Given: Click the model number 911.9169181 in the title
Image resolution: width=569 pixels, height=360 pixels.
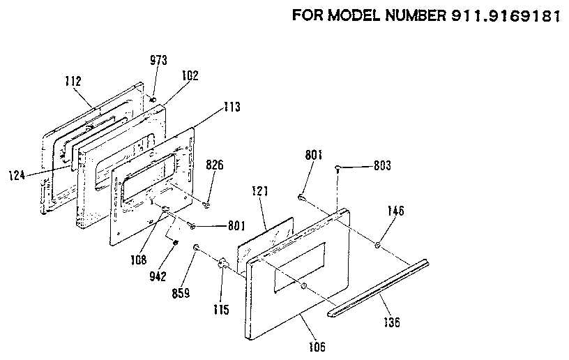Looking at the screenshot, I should tap(499, 15).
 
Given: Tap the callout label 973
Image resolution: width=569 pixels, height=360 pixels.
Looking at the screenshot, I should tap(158, 61).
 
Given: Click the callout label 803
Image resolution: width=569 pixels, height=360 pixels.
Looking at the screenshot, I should tap(382, 165).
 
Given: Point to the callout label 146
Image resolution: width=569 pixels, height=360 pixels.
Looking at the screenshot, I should tap(395, 211).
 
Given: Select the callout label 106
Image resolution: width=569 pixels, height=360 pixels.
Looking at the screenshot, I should tap(318, 345).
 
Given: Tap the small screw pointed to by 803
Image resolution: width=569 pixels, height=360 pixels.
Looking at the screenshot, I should tap(337, 168).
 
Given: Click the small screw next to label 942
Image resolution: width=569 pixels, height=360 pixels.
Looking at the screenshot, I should tap(175, 242).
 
